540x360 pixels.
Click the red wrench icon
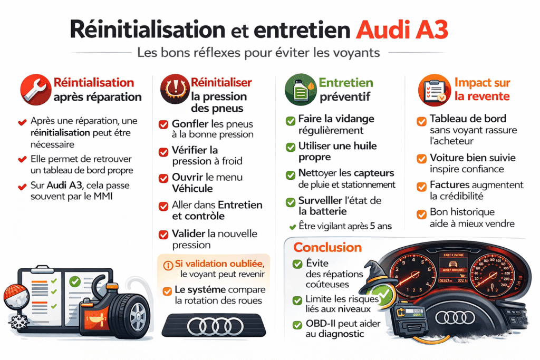(x=34, y=90)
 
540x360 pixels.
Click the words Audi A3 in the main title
(x=402, y=30)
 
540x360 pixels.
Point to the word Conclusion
(x=327, y=247)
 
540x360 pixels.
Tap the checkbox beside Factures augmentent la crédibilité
(x=421, y=186)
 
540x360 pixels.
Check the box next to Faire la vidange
(x=290, y=120)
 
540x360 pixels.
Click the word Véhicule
(x=192, y=188)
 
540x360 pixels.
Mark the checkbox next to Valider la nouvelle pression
(x=163, y=234)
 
